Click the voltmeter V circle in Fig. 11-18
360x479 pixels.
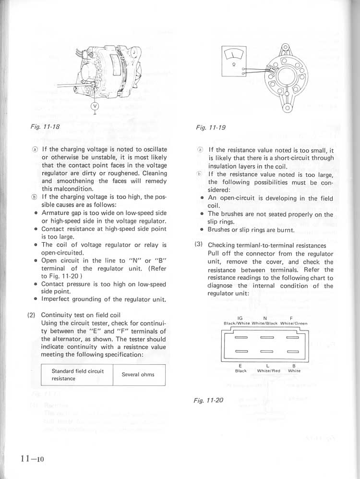[95, 106]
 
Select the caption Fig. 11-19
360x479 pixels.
[211, 128]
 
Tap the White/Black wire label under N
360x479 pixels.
[265, 323]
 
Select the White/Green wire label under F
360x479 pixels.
[293, 323]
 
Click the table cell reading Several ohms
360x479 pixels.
[138, 374]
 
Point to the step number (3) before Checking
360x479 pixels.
[198, 245]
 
